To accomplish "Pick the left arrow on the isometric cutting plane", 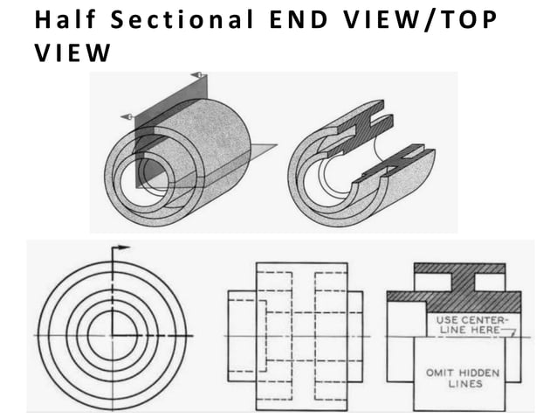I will coord(126,115).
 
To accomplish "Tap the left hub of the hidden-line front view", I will coord(241,337).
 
